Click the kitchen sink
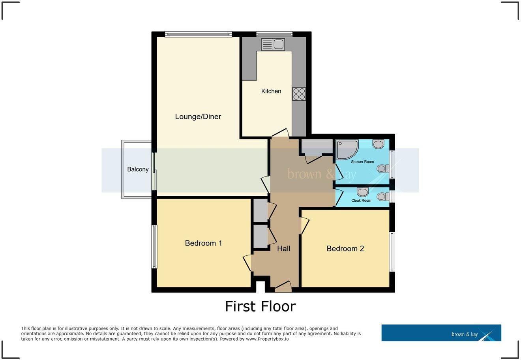pos(273,44)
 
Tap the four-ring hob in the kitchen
pos(299,94)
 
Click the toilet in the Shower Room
pos(382,169)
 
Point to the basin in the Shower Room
pos(378,144)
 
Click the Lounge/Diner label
pos(198,116)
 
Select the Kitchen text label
pos(271,91)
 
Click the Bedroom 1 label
pos(203,243)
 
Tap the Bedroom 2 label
pos(345,248)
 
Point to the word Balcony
pos(138,169)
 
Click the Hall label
pos(283,248)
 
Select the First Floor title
pos(260,306)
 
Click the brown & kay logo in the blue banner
pos(465,334)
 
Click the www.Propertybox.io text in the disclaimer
pos(267,339)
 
